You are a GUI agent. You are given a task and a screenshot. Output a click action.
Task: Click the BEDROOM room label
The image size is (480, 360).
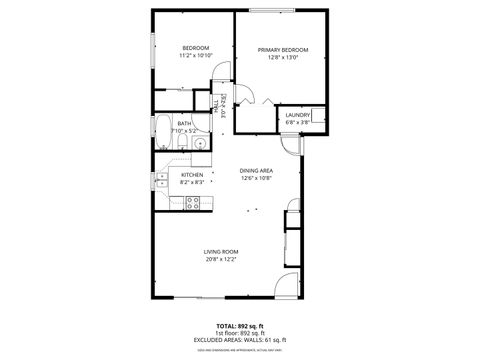195,49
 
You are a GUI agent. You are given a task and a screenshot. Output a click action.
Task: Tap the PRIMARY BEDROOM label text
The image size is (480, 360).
282,50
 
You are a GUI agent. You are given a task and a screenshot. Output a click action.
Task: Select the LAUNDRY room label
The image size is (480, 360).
298,115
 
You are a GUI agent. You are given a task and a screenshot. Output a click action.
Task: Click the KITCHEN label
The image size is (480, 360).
192,174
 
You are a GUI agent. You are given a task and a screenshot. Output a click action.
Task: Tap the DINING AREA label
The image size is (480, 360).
256,171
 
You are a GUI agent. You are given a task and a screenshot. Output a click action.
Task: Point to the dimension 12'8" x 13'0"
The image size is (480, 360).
282,58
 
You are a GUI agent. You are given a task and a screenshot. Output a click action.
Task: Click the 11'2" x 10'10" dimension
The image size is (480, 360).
195,57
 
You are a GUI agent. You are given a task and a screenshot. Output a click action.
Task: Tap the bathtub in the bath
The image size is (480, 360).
163,132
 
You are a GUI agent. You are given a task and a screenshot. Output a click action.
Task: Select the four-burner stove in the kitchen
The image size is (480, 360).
196,203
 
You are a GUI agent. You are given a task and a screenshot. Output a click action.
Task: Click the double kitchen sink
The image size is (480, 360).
162,181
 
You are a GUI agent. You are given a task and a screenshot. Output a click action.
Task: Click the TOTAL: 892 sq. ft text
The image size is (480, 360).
240,326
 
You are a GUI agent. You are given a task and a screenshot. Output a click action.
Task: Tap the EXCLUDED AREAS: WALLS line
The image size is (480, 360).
240,340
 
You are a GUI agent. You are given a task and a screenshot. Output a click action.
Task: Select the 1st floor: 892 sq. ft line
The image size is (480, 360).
240,333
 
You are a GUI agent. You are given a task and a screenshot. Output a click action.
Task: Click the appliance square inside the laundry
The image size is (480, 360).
318,115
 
